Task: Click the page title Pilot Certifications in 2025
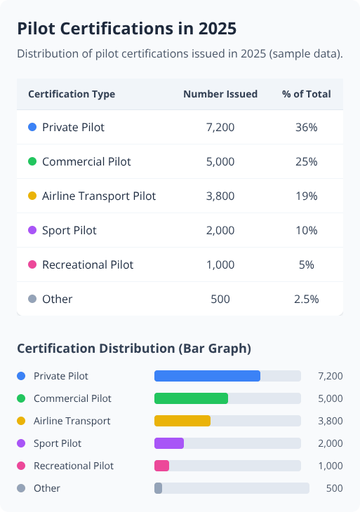pos(126,29)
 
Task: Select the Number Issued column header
pos(220,94)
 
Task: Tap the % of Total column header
pos(307,94)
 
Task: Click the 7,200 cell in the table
pos(220,128)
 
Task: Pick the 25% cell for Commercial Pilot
pos(307,162)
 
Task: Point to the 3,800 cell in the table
pos(220,196)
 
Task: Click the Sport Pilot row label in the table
pos(69,231)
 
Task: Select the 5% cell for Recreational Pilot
pos(307,265)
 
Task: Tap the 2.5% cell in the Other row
pos(307,299)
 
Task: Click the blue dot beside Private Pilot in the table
pos(32,128)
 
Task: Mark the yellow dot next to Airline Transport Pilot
pos(32,196)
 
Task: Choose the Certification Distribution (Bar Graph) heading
pos(134,348)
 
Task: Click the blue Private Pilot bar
pos(207,376)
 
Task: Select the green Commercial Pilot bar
pos(191,398)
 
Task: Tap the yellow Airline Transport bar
pos(182,421)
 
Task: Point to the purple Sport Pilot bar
pos(169,443)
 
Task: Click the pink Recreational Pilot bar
pos(161,466)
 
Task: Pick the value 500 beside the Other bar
pos(334,488)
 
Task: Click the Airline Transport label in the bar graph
pos(72,421)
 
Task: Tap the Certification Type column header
pos(72,94)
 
